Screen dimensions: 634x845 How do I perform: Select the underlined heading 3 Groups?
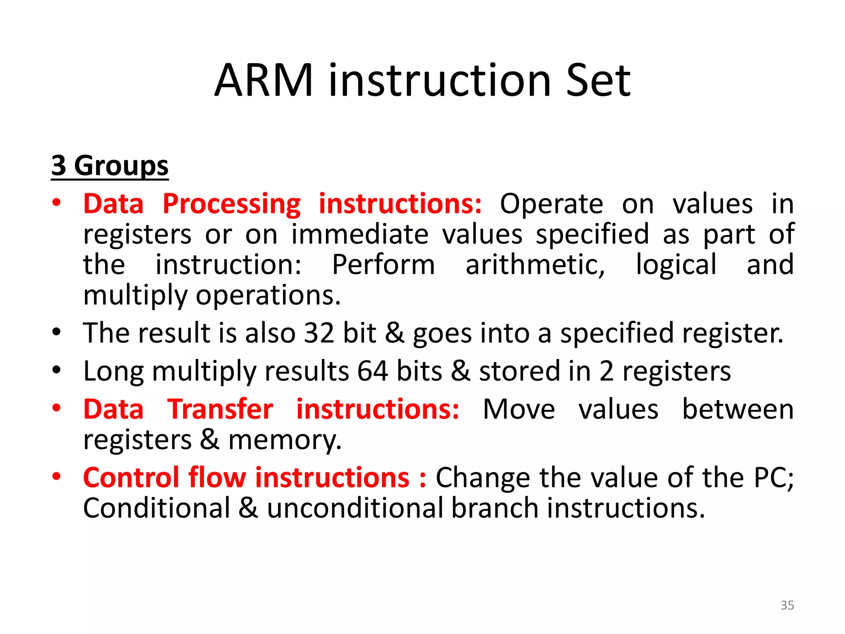(x=110, y=166)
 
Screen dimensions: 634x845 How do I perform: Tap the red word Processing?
(x=231, y=204)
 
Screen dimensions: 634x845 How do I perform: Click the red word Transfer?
(x=220, y=409)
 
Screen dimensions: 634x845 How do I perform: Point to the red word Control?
(x=131, y=478)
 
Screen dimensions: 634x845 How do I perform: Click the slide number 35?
(x=787, y=605)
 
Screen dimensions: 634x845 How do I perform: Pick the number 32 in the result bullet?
(x=319, y=333)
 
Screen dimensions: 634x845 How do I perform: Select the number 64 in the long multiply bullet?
(x=372, y=371)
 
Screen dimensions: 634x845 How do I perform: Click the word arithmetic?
(x=535, y=265)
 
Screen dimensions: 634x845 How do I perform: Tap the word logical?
(x=676, y=265)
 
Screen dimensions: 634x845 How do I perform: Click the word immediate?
(x=360, y=234)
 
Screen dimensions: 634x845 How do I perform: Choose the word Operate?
(x=551, y=204)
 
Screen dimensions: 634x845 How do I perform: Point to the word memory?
(x=285, y=440)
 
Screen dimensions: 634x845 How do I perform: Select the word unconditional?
(x=355, y=508)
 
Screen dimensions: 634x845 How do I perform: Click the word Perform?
(x=383, y=265)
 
